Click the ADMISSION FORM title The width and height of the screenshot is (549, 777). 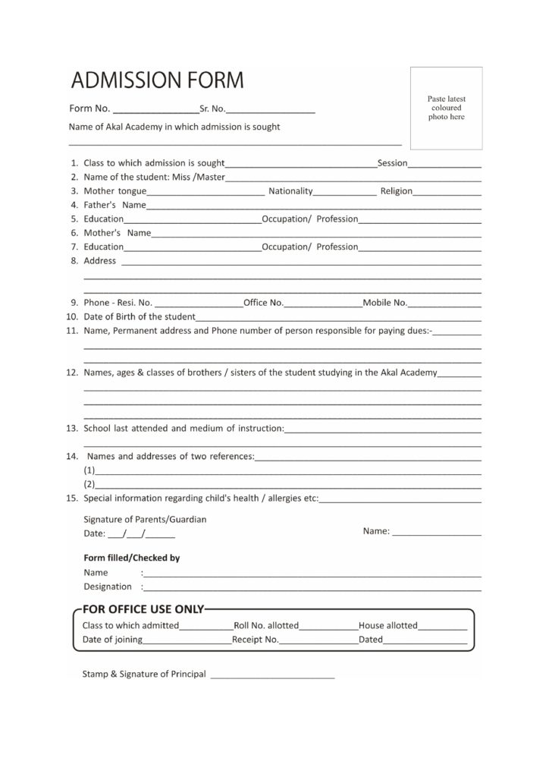[158, 80]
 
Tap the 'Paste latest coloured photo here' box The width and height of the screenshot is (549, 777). [446, 108]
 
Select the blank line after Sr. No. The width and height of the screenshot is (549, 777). [271, 111]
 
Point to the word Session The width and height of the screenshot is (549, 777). [393, 163]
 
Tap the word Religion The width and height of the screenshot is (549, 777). [397, 191]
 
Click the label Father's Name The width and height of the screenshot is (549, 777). [115, 205]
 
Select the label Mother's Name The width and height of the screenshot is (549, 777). [118, 233]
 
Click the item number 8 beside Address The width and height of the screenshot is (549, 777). [74, 261]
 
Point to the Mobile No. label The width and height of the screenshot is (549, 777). [385, 303]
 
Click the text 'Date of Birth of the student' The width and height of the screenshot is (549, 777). [140, 316]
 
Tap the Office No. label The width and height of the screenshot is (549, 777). [263, 303]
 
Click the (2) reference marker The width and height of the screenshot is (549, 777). [89, 484]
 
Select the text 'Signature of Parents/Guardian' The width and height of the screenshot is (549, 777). [145, 520]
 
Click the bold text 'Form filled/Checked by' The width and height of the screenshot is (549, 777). [131, 558]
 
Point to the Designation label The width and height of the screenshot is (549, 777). [107, 587]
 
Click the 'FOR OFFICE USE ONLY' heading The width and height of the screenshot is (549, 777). [143, 609]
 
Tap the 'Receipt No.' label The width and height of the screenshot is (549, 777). [256, 640]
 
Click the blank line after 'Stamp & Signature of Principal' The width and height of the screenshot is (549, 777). [271, 674]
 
